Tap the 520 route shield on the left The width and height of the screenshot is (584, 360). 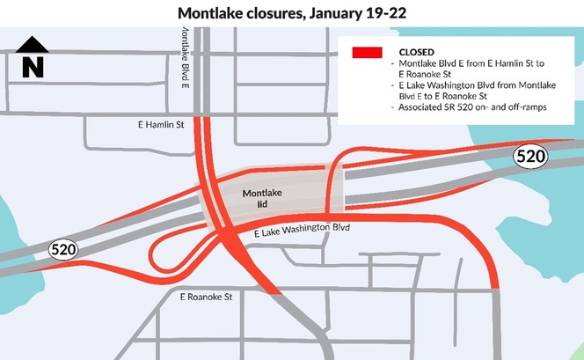pos(62,250)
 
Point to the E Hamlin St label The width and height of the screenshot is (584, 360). pos(157,125)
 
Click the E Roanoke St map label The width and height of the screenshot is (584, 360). pos(205,298)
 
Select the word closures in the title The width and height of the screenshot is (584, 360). pos(279,14)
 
